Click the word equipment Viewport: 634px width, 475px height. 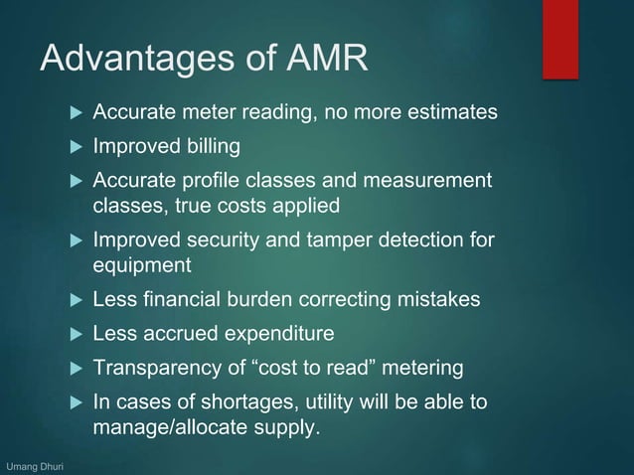pos(142,265)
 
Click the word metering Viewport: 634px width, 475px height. pos(424,368)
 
